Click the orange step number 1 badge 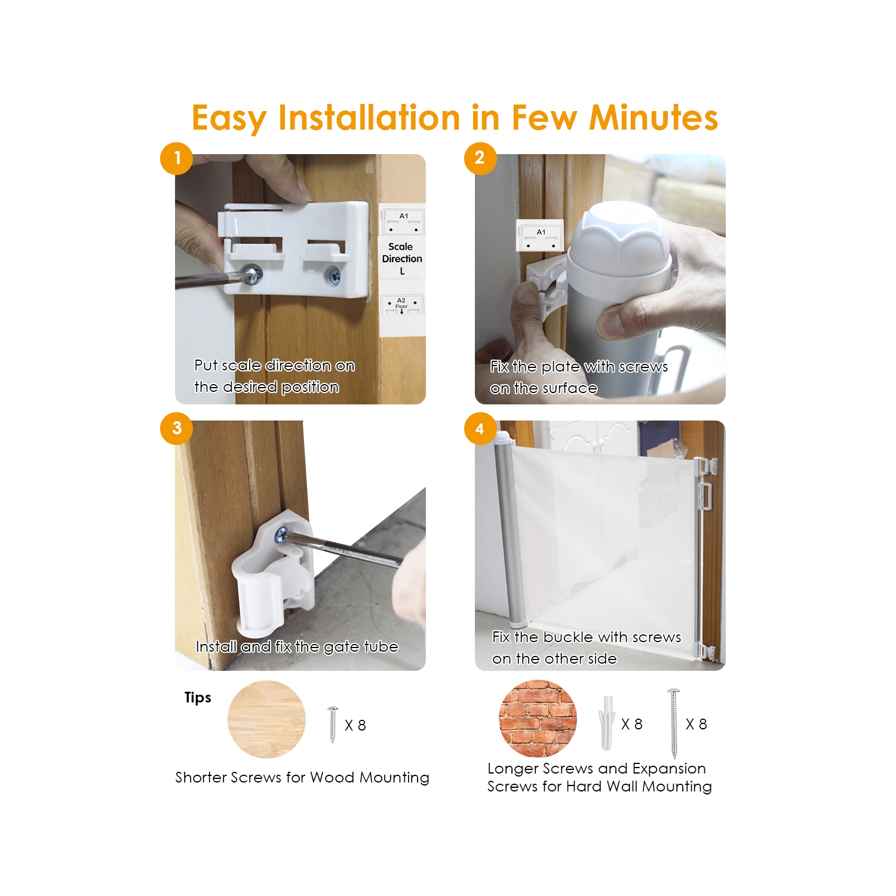176,158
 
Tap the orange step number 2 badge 480,158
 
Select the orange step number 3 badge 176,428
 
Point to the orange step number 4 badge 480,429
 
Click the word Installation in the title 369,118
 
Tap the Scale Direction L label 402,259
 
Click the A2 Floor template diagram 402,305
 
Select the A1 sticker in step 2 540,235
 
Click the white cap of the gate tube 618,236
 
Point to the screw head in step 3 281,535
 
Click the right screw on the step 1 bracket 333,275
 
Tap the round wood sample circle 266,719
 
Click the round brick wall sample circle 538,719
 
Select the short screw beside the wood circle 333,724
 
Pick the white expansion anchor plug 607,722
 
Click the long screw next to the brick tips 674,723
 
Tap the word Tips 198,698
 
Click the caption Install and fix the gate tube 297,646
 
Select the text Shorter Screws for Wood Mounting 302,777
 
